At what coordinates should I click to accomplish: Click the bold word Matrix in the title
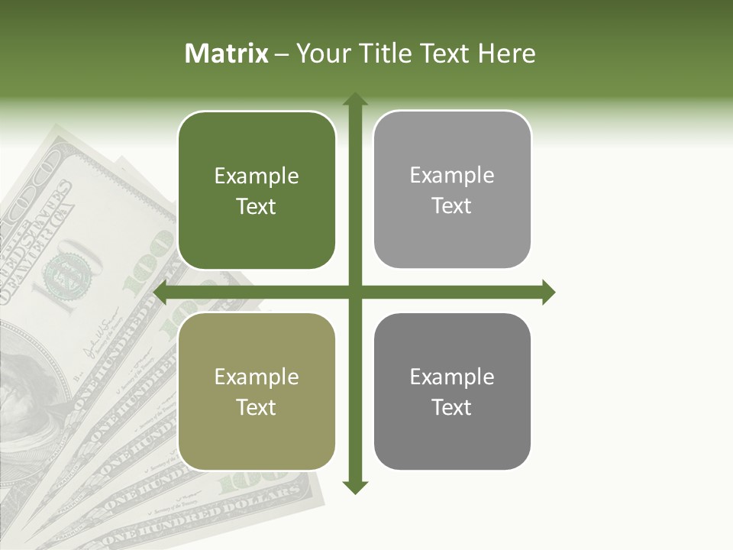point(227,53)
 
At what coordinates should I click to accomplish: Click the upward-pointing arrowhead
point(354,99)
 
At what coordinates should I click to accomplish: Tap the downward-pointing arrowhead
point(354,487)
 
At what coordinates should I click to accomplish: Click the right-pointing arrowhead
point(547,292)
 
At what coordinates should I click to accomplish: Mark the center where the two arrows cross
point(354,292)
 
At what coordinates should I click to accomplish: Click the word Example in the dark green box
point(257,176)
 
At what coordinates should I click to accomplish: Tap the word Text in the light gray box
point(452,206)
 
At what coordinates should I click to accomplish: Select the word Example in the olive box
point(257,377)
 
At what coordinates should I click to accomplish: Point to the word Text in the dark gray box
point(452,408)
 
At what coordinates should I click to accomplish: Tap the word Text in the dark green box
point(257,207)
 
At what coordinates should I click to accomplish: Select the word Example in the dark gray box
point(452,377)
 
